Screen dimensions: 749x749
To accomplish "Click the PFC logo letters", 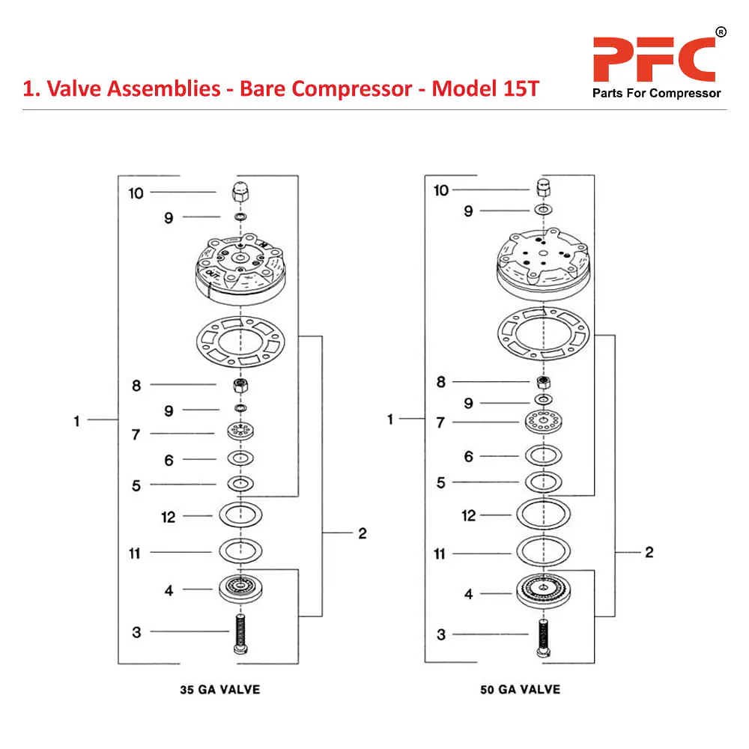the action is pos(654,59).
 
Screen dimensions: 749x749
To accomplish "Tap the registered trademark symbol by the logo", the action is pos(721,32).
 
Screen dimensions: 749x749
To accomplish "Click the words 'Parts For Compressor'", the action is pos(656,93).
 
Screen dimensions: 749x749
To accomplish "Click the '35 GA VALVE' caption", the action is pos(220,689).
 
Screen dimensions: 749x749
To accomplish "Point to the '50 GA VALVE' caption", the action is pos(521,689).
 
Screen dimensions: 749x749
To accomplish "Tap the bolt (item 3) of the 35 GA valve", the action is pos(240,634).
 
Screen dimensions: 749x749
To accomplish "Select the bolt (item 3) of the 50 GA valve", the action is pos(543,637).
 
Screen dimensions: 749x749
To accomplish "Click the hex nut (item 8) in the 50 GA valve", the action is pos(543,382).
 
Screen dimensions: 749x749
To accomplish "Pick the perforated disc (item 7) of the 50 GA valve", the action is pos(543,422).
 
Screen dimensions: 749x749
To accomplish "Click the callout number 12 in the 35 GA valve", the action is pos(168,517).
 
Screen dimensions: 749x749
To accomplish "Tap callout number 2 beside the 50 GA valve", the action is pos(649,552).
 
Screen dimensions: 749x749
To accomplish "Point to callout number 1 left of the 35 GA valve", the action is pos(76,421).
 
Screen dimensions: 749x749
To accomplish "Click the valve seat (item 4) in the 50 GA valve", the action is pos(543,590).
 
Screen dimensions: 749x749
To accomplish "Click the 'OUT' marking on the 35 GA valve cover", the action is pos(213,275).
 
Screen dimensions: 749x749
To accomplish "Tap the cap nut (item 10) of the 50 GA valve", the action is pos(543,188).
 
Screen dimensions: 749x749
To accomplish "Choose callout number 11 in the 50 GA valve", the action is pos(440,554).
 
